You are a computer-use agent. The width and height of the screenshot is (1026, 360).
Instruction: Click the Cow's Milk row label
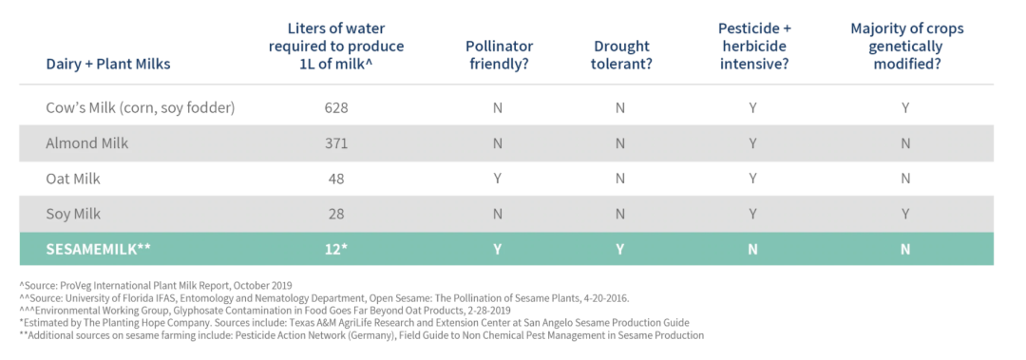[140, 107]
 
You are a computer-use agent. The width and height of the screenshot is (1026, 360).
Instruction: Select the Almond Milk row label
[87, 143]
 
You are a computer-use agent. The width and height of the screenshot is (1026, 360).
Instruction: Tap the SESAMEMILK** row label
[99, 250]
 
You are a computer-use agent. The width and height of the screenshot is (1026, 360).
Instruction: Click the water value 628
[335, 107]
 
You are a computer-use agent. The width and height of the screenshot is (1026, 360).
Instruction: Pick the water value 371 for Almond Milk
[335, 143]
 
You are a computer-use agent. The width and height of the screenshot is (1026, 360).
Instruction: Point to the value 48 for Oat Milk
[335, 179]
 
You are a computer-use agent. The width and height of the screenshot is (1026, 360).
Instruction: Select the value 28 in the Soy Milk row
[335, 214]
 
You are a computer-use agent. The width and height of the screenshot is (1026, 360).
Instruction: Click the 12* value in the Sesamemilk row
[335, 250]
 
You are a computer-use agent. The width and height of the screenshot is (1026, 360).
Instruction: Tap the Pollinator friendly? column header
[500, 56]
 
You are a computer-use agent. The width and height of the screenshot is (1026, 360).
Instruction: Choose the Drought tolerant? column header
[621, 56]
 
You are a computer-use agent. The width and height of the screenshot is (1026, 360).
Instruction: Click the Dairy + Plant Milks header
[108, 65]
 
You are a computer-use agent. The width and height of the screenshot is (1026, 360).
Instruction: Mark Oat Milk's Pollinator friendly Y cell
[497, 179]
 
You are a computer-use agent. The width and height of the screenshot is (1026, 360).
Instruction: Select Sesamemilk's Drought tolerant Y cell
[619, 250]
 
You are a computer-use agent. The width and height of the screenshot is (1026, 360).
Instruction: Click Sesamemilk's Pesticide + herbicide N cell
[753, 250]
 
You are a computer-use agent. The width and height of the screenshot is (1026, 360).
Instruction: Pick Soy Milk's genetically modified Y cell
[905, 214]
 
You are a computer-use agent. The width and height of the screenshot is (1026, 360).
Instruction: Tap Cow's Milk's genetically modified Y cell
[905, 107]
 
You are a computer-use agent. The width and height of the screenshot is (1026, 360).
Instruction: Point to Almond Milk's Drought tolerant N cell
[619, 143]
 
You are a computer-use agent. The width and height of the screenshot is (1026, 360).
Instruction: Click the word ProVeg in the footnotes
[75, 285]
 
